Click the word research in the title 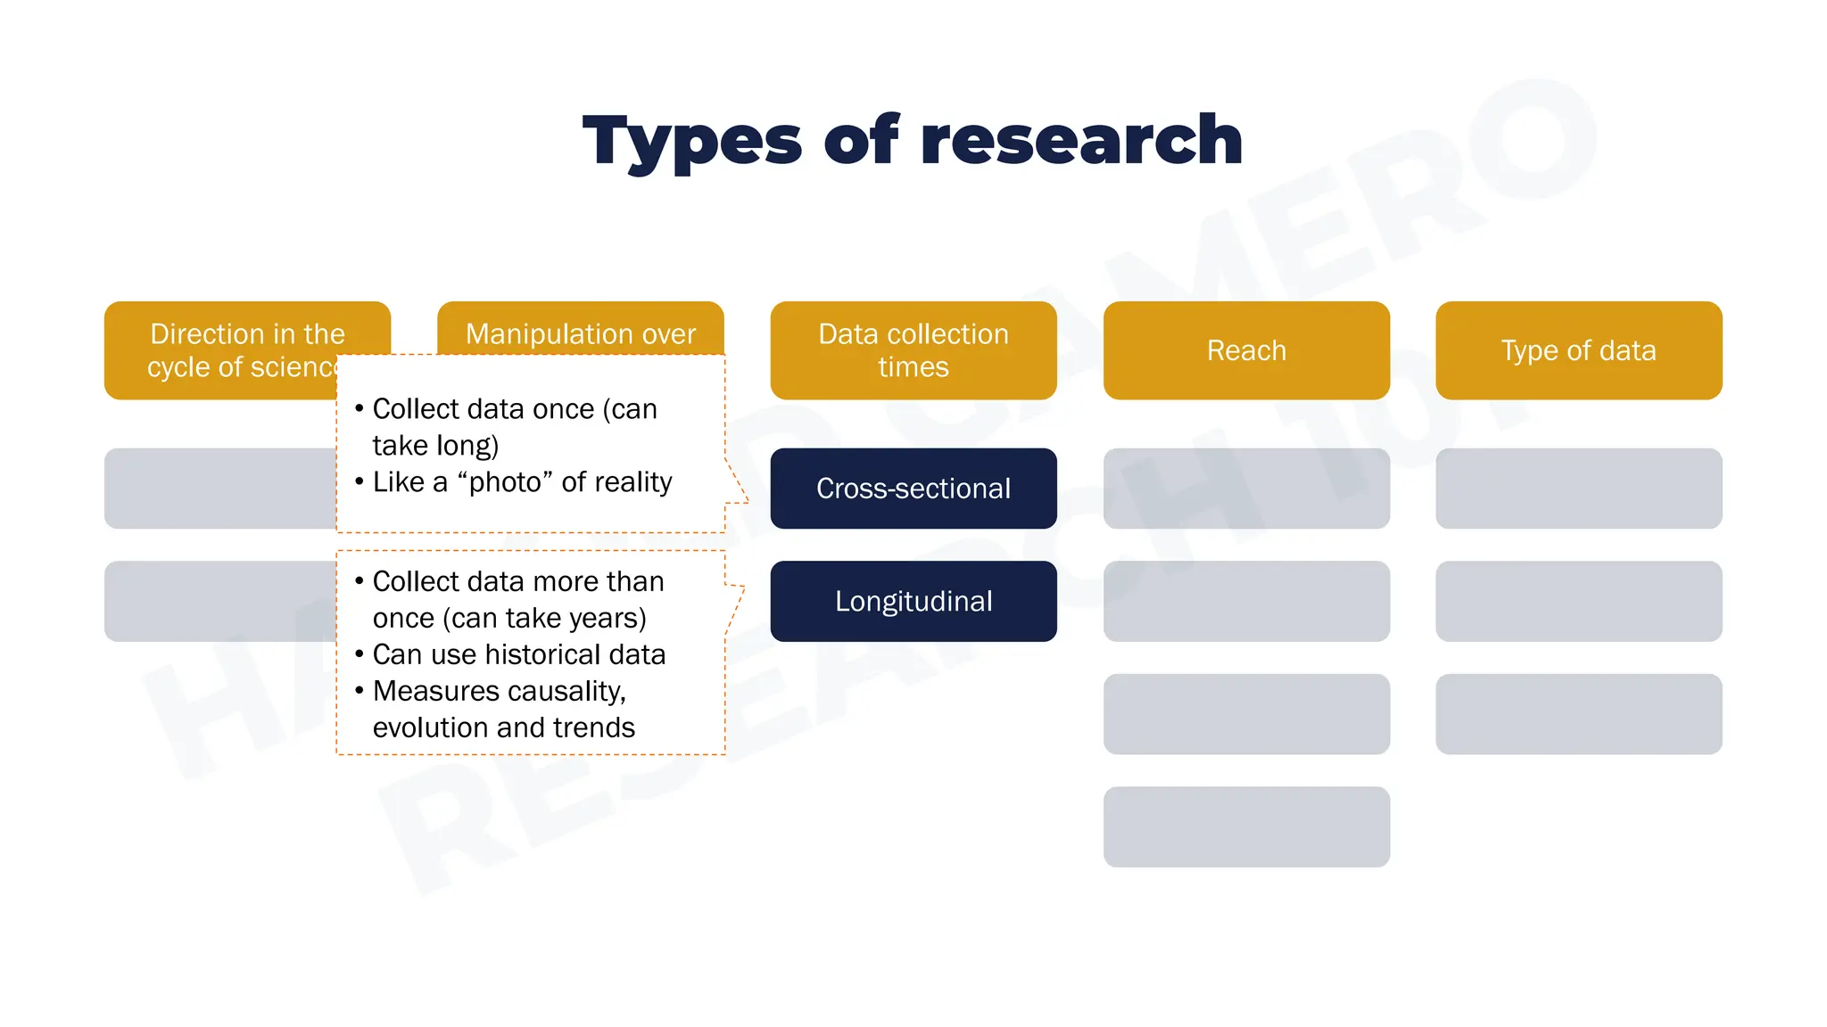[x=1081, y=141]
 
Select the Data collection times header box [x=913, y=350]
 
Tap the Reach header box [x=1246, y=350]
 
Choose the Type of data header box [x=1578, y=350]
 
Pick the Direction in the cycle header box [x=223, y=349]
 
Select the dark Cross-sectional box [x=913, y=489]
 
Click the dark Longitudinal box [x=913, y=601]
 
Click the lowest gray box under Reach [x=1246, y=826]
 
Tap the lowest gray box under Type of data [x=1578, y=714]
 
